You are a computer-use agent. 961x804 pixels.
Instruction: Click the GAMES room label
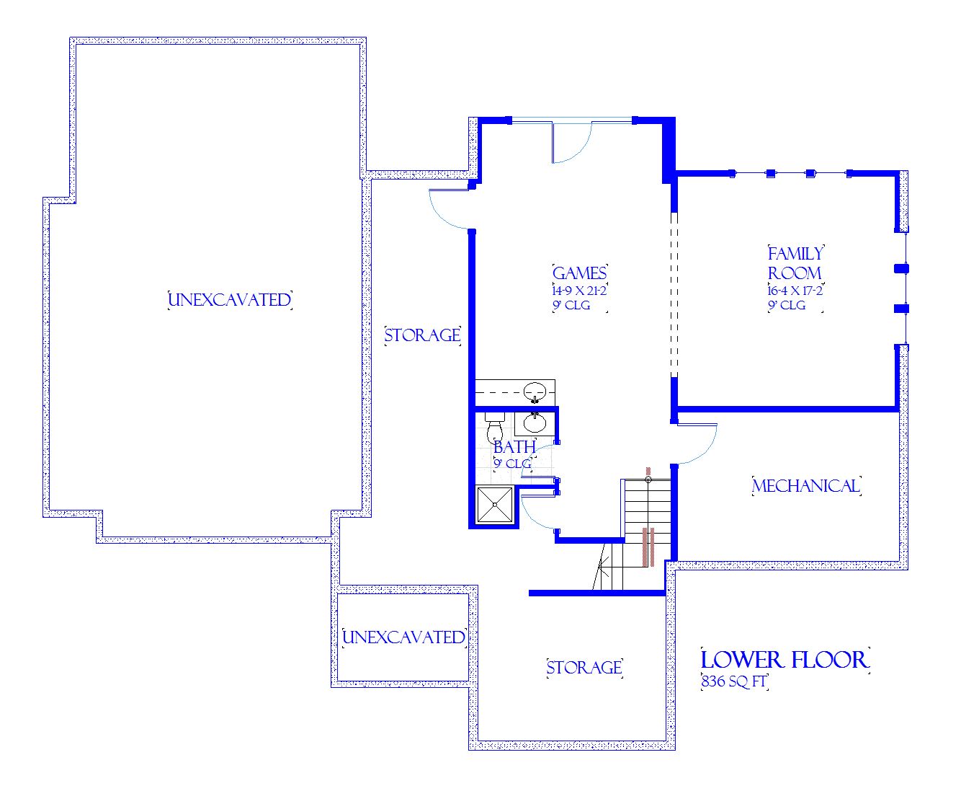pyautogui.click(x=579, y=273)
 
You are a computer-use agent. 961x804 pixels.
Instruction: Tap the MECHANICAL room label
pyautogui.click(x=806, y=486)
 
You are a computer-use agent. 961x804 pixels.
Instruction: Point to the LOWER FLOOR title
pyautogui.click(x=785, y=660)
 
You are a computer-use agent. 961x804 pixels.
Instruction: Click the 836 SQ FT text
pyautogui.click(x=733, y=681)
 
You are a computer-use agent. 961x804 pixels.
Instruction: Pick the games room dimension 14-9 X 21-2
pyautogui.click(x=579, y=291)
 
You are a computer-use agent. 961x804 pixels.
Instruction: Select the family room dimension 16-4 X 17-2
pyautogui.click(x=795, y=291)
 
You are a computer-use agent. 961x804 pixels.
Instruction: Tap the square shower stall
pyautogui.click(x=495, y=505)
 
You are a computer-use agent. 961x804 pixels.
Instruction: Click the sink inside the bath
pyautogui.click(x=535, y=423)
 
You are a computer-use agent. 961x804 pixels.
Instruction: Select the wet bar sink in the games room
pyautogui.click(x=535, y=392)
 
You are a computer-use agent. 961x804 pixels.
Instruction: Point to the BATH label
pyautogui.click(x=514, y=447)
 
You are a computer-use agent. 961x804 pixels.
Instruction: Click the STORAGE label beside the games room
pyautogui.click(x=422, y=335)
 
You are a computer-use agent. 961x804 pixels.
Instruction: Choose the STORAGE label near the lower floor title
pyautogui.click(x=584, y=668)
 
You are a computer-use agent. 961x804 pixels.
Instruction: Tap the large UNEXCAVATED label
pyautogui.click(x=230, y=300)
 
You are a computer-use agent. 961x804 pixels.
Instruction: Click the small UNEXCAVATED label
pyautogui.click(x=403, y=637)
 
